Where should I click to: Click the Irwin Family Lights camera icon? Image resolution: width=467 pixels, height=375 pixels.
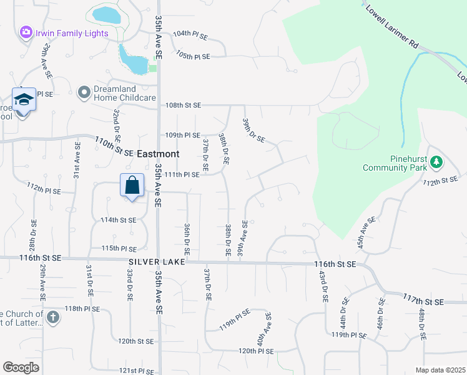(26, 32)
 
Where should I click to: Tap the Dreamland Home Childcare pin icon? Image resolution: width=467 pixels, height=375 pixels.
(84, 93)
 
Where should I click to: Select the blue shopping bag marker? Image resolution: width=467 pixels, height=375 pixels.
(132, 186)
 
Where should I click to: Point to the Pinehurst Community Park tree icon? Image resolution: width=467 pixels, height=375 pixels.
(436, 163)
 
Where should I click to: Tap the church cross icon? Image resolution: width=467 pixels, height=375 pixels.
(53, 317)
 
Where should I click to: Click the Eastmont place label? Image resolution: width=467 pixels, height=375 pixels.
(158, 154)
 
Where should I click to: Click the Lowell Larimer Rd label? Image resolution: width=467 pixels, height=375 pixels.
(391, 26)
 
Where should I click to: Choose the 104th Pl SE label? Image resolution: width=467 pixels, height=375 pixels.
(190, 34)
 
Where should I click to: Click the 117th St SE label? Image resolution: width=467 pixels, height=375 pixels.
(423, 301)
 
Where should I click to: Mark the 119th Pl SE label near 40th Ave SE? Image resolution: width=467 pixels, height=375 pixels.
(234, 320)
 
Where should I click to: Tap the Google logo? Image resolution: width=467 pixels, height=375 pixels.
(21, 367)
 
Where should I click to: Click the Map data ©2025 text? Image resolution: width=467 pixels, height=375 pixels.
(440, 370)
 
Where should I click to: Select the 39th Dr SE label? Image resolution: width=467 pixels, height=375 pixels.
(253, 130)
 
